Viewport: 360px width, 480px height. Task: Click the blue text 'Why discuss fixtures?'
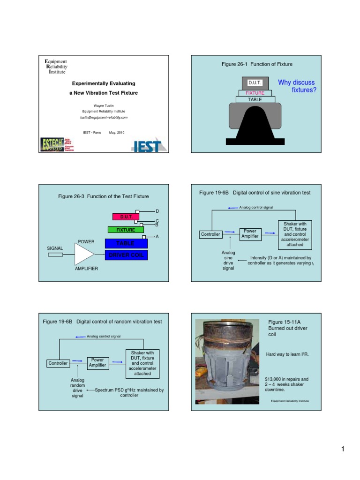[297, 86]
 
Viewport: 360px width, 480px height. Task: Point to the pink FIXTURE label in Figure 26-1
[255, 93]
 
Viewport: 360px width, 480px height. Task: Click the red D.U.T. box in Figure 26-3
[126, 217]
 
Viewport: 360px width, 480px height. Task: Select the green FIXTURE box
[126, 230]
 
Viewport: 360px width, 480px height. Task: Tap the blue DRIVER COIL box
[126, 255]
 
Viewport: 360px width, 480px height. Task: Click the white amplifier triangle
[83, 255]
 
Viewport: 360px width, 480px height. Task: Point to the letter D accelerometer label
[157, 212]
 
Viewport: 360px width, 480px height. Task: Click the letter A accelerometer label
[157, 237]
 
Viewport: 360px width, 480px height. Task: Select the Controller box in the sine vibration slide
[210, 234]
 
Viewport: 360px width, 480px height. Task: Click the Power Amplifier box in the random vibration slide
[97, 363]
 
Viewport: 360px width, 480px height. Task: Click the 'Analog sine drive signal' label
[228, 261]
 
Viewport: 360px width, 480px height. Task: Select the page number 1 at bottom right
[343, 450]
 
